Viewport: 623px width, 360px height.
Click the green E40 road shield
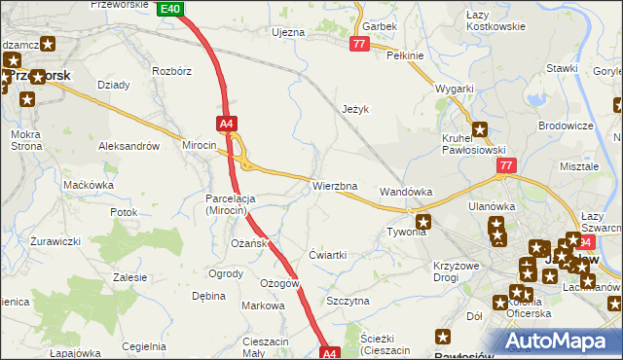pyautogui.click(x=169, y=8)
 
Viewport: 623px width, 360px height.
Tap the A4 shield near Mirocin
pyautogui.click(x=226, y=124)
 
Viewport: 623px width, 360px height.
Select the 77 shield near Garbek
pyautogui.click(x=359, y=45)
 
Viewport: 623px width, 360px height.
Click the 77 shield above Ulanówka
pyautogui.click(x=504, y=166)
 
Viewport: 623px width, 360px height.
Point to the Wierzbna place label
pyautogui.click(x=335, y=186)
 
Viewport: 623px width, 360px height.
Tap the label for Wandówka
pyautogui.click(x=406, y=193)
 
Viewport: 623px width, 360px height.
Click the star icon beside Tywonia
pyautogui.click(x=423, y=223)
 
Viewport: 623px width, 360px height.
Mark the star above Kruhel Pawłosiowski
pyautogui.click(x=480, y=128)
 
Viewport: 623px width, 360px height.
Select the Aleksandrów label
pyautogui.click(x=128, y=146)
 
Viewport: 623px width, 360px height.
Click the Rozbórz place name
pyautogui.click(x=171, y=72)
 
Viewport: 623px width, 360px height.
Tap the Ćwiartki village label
pyautogui.click(x=327, y=255)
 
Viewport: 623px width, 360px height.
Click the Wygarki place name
pyautogui.click(x=455, y=89)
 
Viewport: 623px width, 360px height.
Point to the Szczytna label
pyautogui.click(x=348, y=302)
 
